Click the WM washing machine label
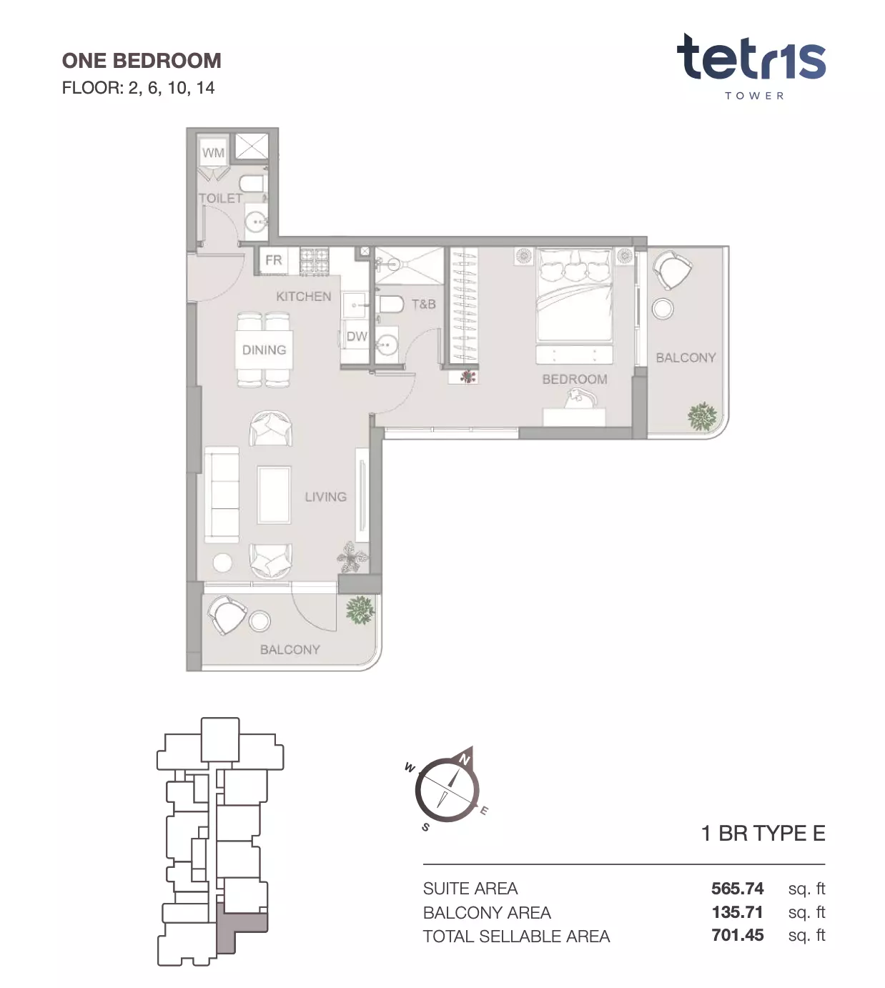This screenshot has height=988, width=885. tap(213, 153)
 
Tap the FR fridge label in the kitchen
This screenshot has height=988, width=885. tap(274, 260)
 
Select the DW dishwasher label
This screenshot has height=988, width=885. tap(357, 336)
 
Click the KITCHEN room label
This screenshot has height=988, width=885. tap(303, 297)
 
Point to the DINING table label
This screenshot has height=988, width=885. tap(264, 350)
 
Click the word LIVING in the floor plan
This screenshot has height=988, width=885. tap(326, 497)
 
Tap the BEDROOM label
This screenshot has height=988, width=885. tap(575, 379)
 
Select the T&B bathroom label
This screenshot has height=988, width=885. tap(423, 305)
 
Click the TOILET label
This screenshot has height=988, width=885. tap(220, 199)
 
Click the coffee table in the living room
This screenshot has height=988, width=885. tap(274, 495)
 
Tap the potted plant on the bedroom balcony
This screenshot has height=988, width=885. tap(703, 416)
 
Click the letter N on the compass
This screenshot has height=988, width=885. tap(464, 759)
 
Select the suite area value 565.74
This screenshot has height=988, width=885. tap(737, 888)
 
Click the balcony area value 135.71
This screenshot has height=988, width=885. tap(737, 912)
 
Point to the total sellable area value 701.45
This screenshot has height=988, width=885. tap(737, 935)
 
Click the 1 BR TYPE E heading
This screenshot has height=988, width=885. tap(763, 834)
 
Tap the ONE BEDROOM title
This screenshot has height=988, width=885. tap(142, 61)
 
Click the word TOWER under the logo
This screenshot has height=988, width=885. tap(754, 96)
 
